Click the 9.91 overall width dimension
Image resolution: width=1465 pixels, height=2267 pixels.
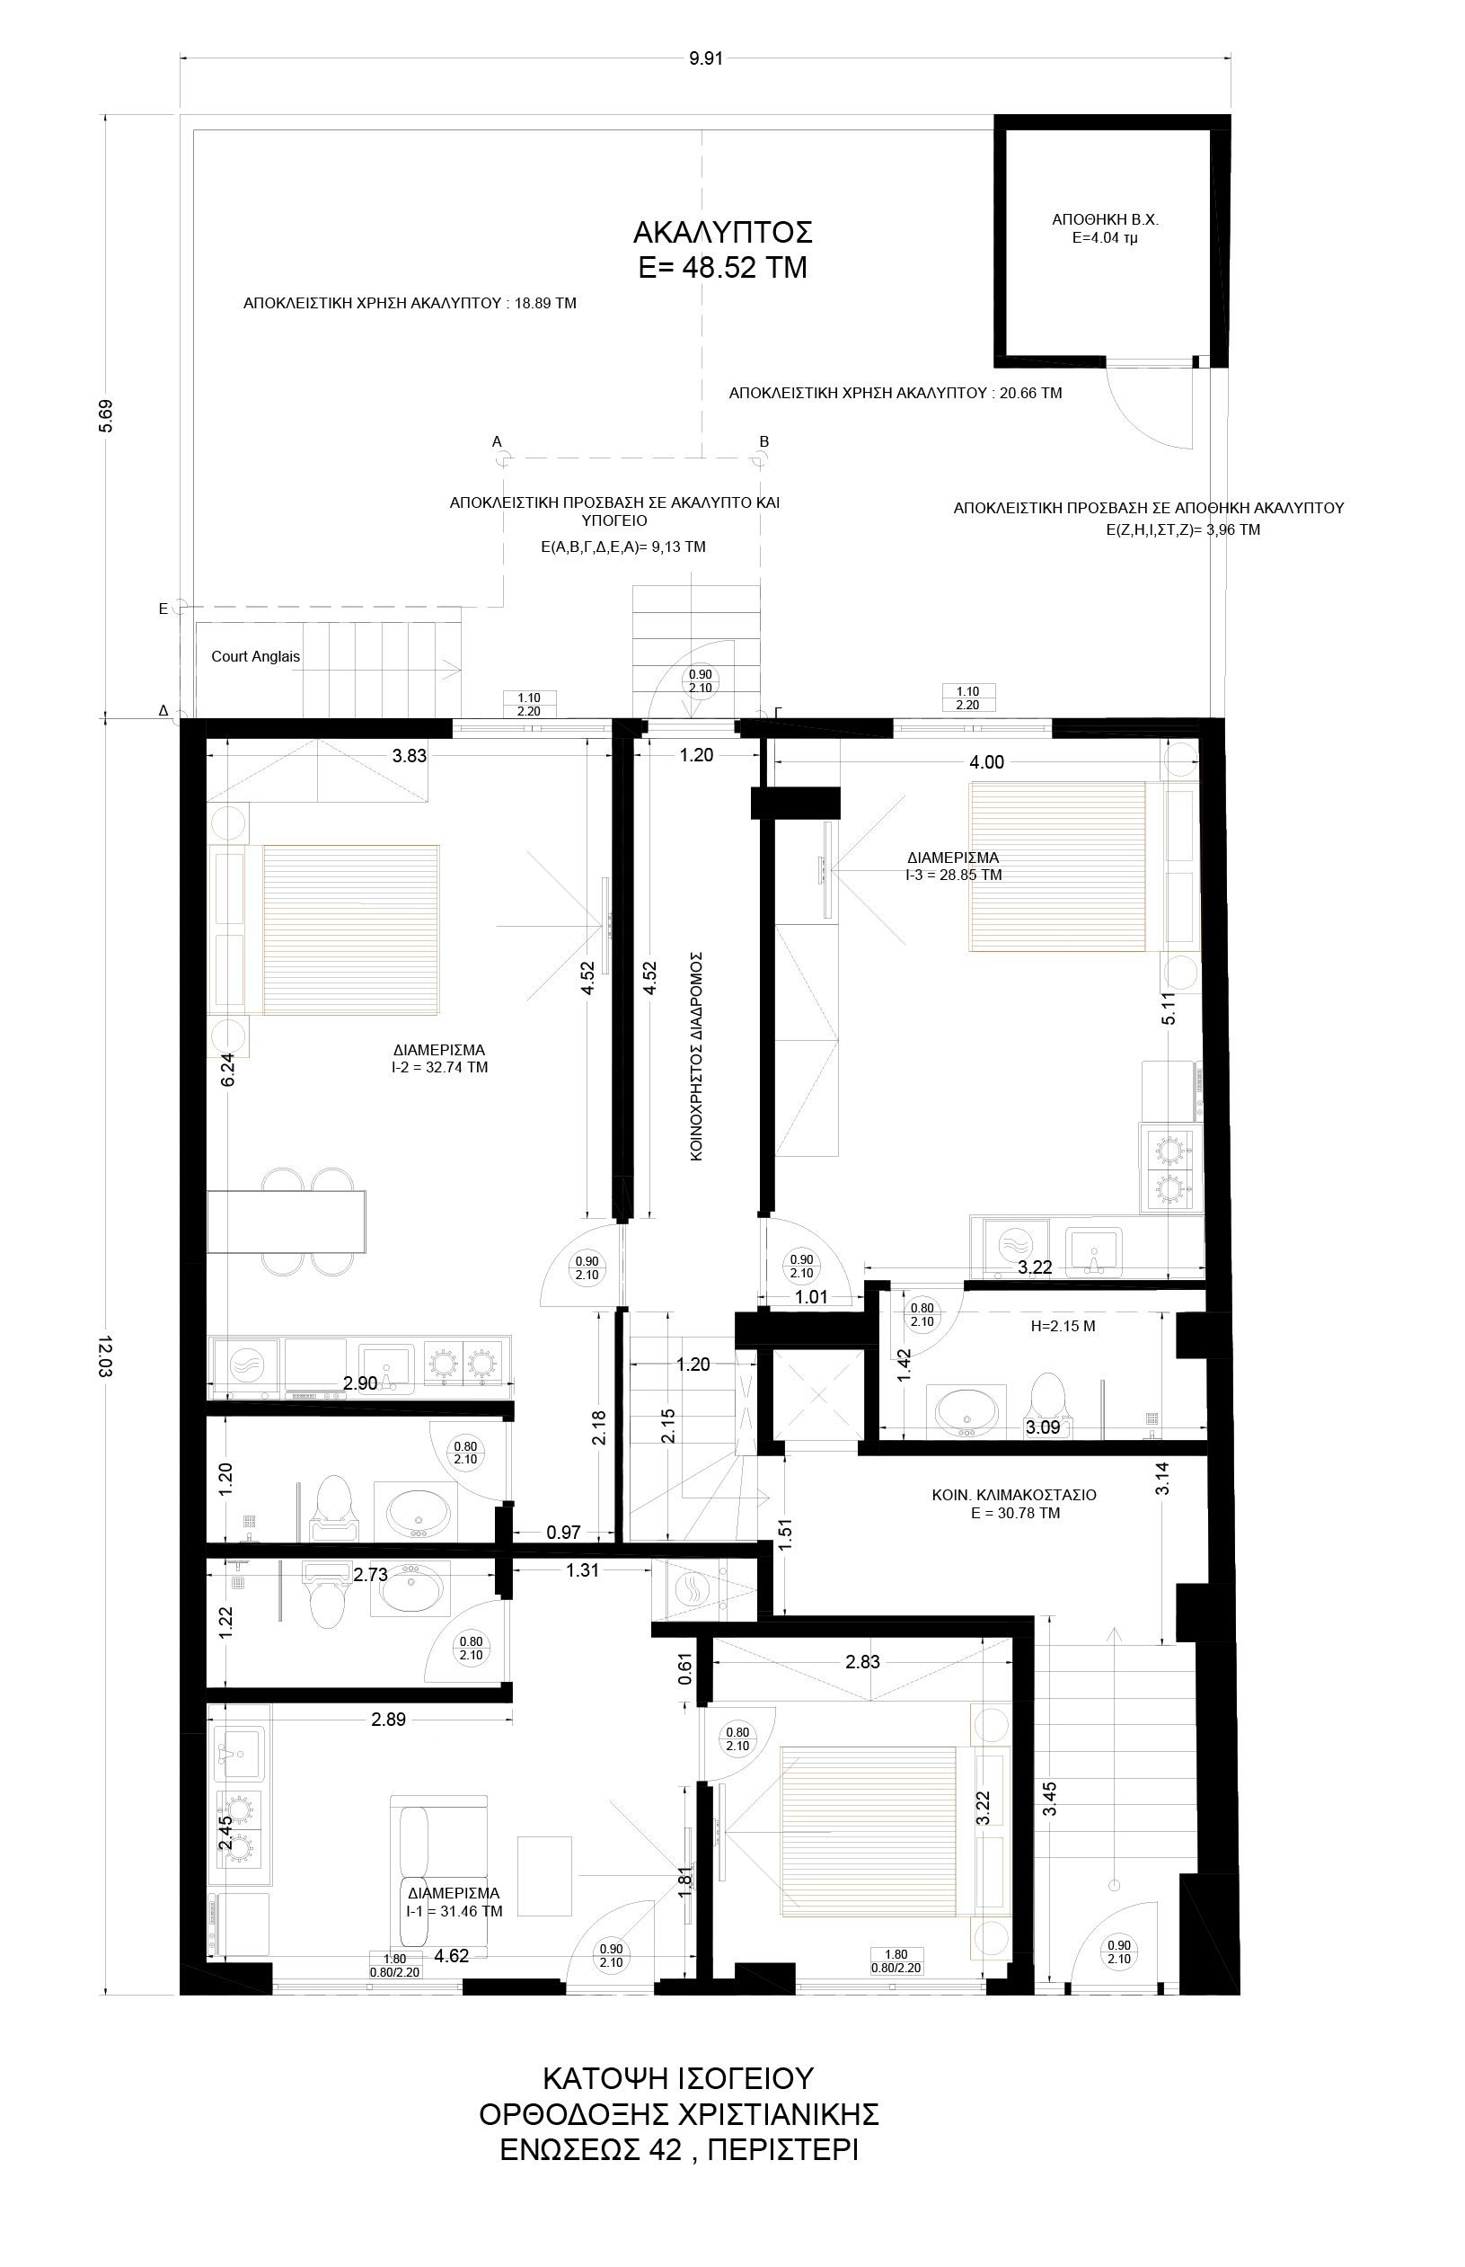(x=707, y=58)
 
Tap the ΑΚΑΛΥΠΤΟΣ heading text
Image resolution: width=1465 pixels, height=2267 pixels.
(x=723, y=232)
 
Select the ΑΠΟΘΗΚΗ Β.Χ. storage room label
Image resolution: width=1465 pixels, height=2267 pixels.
(x=1105, y=220)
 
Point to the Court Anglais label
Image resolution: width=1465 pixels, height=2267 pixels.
(x=255, y=657)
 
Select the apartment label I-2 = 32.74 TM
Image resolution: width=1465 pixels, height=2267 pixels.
(x=433, y=1068)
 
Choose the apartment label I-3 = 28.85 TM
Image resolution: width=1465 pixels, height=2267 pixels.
(x=954, y=875)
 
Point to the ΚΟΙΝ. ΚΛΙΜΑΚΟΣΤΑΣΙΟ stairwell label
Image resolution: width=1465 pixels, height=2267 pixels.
(x=1014, y=1495)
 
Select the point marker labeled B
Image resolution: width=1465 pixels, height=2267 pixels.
(x=759, y=459)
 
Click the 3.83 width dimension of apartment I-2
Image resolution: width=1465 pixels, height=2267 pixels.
(x=410, y=757)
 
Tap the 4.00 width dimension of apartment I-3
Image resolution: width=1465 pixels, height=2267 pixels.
(x=986, y=762)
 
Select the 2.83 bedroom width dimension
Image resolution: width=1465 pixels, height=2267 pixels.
(x=863, y=1663)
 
